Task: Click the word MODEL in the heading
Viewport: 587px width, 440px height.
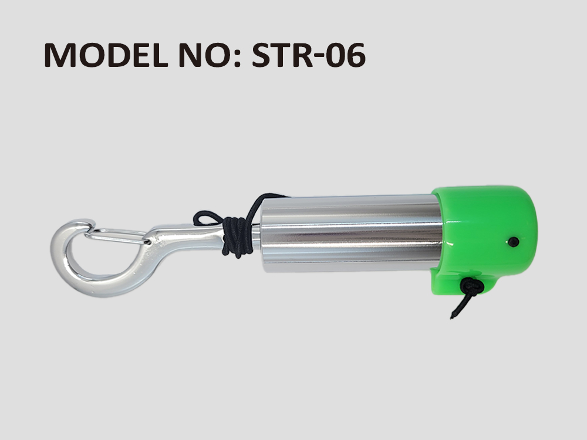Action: click(106, 55)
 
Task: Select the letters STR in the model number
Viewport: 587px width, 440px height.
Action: click(282, 55)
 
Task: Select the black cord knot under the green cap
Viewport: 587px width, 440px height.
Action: click(472, 286)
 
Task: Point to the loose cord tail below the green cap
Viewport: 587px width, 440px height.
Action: click(458, 307)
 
